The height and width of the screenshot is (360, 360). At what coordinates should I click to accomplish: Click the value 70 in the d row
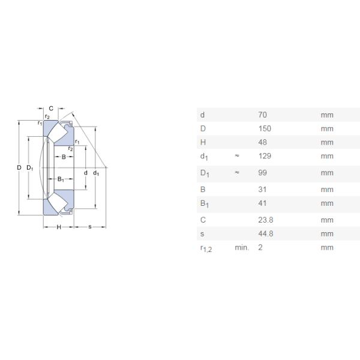click(262, 115)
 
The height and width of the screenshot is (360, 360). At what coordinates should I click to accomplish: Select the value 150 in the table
click(265, 128)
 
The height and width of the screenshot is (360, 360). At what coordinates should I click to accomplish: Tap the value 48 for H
click(262, 142)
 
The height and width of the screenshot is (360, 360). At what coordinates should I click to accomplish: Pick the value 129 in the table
click(265, 156)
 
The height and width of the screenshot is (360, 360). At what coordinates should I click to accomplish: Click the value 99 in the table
click(262, 173)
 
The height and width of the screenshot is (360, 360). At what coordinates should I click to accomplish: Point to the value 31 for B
click(262, 190)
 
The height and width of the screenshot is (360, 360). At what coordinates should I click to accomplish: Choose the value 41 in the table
click(262, 203)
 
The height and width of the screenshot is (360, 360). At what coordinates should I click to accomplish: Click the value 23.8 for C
click(266, 220)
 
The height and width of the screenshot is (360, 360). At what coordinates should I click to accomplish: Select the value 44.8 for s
click(266, 234)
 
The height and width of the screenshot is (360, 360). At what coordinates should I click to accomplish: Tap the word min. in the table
click(242, 247)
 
